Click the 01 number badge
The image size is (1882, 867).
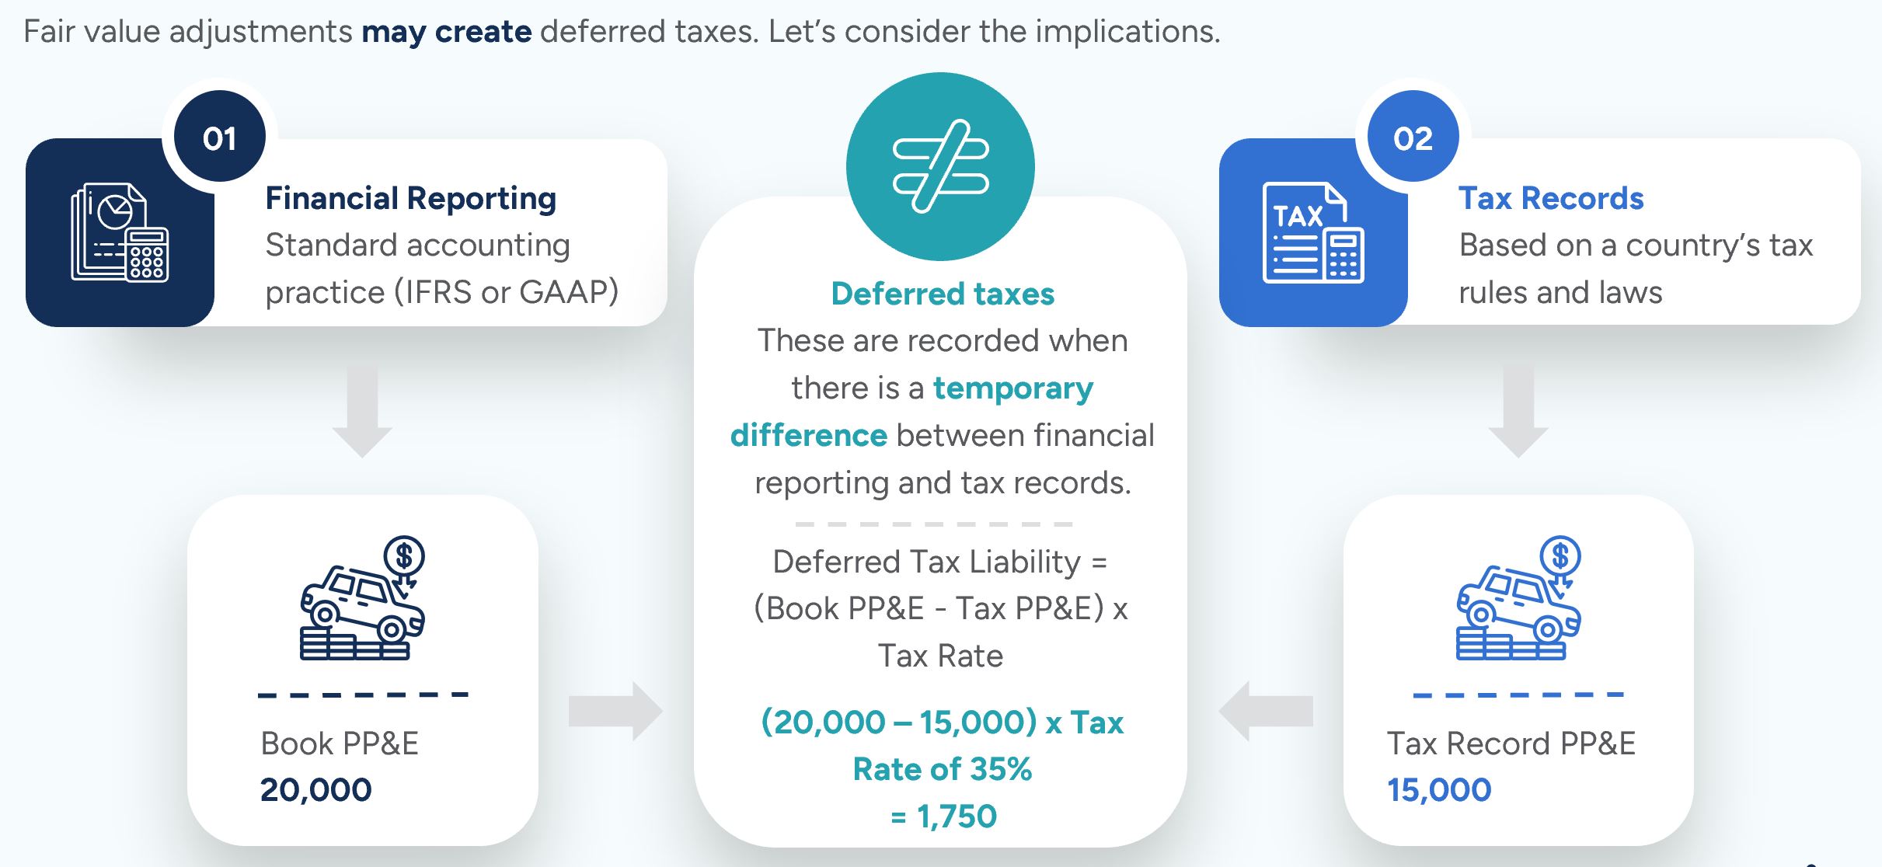(x=220, y=137)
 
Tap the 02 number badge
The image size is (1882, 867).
(x=1413, y=137)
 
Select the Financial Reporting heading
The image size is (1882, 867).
(x=411, y=199)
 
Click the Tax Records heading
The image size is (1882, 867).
(x=1551, y=199)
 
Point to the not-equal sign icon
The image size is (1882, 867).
(x=940, y=166)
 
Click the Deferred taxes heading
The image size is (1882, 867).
(x=943, y=294)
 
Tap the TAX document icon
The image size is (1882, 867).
(x=1313, y=232)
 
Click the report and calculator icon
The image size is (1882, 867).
(x=120, y=232)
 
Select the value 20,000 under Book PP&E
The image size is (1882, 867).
(x=316, y=790)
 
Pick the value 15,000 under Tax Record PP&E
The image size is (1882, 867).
(x=1439, y=790)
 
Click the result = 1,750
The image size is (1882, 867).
(x=943, y=817)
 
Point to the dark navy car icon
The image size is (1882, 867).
(x=363, y=597)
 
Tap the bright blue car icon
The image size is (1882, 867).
(x=1518, y=597)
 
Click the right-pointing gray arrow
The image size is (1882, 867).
(x=615, y=711)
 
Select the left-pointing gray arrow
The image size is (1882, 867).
(x=1266, y=711)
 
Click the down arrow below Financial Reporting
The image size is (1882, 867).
(x=362, y=413)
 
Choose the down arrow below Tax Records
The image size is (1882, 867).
(x=1518, y=413)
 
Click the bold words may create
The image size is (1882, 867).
(x=447, y=32)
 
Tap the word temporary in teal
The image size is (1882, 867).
(x=1013, y=388)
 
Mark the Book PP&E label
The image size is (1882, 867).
(x=340, y=743)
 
